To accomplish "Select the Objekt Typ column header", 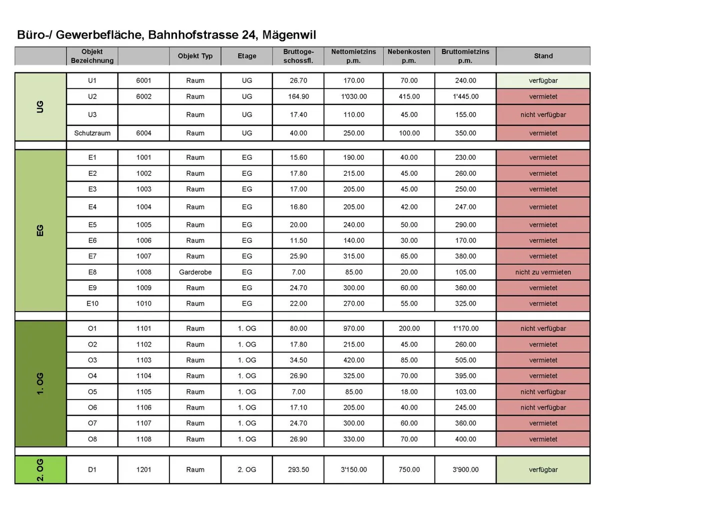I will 195,56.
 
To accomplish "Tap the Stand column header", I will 543,56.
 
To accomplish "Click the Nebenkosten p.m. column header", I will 408,56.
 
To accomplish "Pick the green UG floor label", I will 40,106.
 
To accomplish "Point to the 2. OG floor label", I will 40,470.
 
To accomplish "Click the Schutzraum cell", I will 92,133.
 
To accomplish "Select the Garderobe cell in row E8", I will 195,272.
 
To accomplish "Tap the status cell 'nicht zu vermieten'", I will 543,272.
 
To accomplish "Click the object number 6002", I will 143,96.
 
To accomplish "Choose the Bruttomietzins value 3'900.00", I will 465,470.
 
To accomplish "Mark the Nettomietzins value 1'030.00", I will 353,96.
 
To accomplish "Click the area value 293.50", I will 298,470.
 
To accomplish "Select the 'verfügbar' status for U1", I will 543,80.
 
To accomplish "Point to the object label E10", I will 92,304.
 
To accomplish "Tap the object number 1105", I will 143,392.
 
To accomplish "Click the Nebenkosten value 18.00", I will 409,392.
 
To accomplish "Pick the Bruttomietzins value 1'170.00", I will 465,329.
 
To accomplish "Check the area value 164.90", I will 298,96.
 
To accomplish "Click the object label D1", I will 92,470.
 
